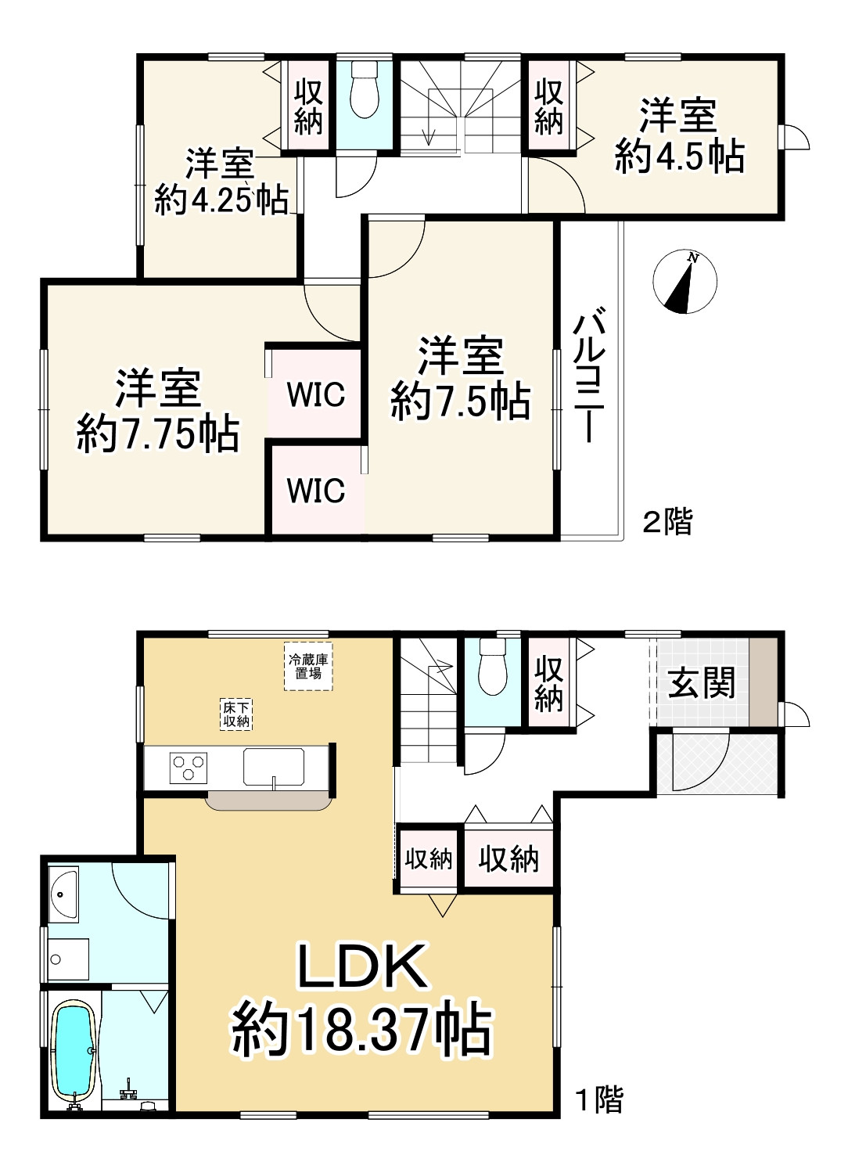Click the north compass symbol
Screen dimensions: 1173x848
coord(685,282)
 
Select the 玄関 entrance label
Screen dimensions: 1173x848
coord(702,683)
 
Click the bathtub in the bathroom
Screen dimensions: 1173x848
coord(73,1052)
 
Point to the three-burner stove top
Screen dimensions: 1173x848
coord(189,766)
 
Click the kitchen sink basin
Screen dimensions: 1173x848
coord(273,767)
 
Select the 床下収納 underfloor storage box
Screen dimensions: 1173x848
coord(235,714)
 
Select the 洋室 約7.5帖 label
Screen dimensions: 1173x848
coord(461,379)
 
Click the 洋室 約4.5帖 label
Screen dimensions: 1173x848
coord(679,135)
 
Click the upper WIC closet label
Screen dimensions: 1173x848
coord(315,394)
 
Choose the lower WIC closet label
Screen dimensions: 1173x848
coord(316,491)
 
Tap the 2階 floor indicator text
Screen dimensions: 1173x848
coord(668,521)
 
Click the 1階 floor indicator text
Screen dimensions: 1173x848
coord(599,1099)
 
